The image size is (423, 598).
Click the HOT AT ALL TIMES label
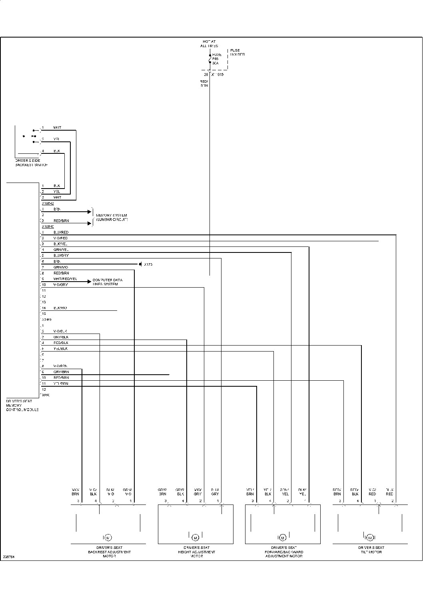(209, 44)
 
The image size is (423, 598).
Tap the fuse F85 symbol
(210, 59)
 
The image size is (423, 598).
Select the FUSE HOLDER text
(237, 52)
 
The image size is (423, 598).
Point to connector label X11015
(217, 75)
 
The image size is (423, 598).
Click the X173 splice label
(148, 264)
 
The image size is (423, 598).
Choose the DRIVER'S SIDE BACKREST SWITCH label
(31, 163)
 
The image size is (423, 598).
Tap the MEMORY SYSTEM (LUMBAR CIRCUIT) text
(112, 217)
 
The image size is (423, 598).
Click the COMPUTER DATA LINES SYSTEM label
(107, 282)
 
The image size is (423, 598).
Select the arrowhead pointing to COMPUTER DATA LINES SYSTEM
(89, 281)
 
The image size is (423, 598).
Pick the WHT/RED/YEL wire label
(65, 279)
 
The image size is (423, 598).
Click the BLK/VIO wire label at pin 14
(60, 308)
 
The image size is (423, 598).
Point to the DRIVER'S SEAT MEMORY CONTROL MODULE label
(22, 405)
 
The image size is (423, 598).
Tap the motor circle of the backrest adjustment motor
(108, 537)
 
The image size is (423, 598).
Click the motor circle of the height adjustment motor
(196, 537)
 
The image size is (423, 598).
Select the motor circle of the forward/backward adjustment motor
(283, 537)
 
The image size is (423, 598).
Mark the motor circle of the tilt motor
(370, 537)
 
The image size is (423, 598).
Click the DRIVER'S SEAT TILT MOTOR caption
(371, 550)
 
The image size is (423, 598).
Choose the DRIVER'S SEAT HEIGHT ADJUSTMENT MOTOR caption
(196, 552)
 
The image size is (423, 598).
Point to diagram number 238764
(8, 556)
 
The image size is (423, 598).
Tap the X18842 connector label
(48, 203)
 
